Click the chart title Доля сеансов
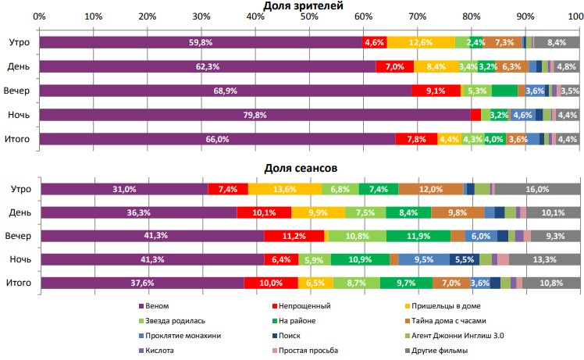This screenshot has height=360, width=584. pos(294,167)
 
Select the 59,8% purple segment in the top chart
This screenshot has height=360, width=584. pos(201,43)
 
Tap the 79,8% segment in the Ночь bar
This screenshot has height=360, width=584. pos(255,115)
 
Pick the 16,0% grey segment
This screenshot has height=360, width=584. pos(537,189)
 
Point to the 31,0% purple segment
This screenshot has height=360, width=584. pos(124,189)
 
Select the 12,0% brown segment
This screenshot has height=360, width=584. pos(431,189)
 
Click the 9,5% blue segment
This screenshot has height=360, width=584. pos(424,259)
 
